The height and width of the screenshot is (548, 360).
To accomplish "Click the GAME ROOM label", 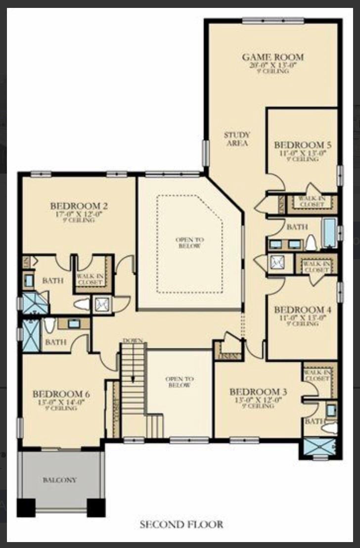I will tap(272, 57).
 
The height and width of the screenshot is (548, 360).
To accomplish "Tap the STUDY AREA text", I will tap(237, 139).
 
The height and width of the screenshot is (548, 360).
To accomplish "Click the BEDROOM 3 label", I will tap(258, 392).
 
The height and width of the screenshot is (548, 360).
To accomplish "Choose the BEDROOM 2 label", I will tap(79, 206).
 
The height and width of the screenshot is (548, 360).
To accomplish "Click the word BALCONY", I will tap(59, 480).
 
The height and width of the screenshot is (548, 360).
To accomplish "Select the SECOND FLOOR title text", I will tap(181, 524).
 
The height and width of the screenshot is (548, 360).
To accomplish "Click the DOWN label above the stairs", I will tap(133, 341).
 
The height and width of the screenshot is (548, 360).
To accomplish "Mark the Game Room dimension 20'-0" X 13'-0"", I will tap(272, 65).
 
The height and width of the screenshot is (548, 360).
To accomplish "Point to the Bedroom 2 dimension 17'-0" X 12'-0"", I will tap(79, 214).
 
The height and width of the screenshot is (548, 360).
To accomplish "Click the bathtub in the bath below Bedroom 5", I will tap(329, 232).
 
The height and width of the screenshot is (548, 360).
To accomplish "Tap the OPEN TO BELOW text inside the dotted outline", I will tap(189, 242).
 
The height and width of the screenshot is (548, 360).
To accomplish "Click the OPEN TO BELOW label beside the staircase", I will tap(178, 382).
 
